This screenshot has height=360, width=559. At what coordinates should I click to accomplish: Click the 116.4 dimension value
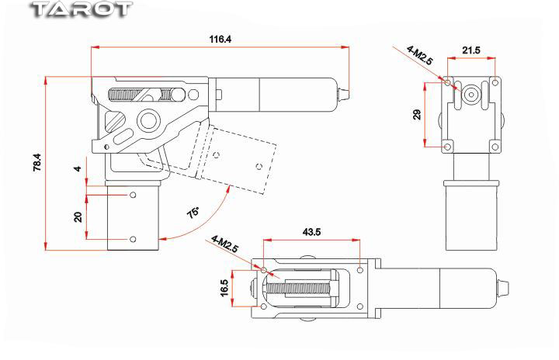pos(220,39)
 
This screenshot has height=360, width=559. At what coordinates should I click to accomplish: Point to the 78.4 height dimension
pos(36,164)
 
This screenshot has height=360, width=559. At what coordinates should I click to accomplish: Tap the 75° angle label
pos(193,212)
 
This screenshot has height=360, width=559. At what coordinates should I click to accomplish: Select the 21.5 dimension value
pos(471,50)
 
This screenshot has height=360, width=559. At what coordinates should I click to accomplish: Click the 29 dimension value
pos(417,114)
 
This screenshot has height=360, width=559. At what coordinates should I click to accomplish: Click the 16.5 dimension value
pos(225,289)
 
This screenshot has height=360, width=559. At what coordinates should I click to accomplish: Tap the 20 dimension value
pos(78,216)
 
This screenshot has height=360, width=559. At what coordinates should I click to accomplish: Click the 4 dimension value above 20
pos(78,168)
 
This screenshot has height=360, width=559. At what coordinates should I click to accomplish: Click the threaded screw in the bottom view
pos(299,288)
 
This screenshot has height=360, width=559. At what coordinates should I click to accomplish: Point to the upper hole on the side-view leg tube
pos(133,195)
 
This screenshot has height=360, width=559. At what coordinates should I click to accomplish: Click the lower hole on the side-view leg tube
pos(133,238)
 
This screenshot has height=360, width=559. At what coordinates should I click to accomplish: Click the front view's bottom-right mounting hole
pos(495,144)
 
